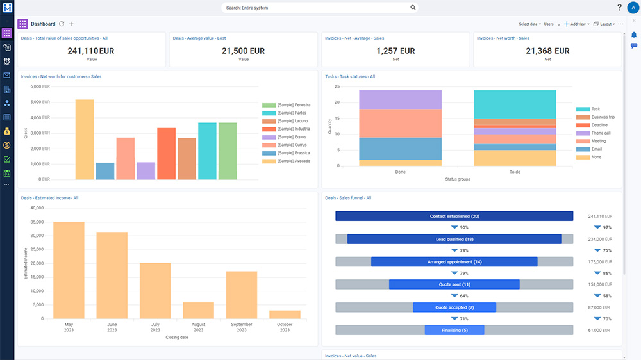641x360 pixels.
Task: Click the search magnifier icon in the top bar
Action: pos(413,8)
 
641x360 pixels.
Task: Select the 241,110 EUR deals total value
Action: pos(90,51)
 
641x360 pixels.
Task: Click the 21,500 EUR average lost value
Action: pos(243,51)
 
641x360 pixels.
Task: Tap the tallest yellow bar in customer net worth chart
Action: pos(85,139)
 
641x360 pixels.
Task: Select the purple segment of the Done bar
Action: pos(400,99)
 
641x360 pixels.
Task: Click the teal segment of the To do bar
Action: pos(515,104)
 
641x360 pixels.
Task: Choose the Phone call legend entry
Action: pos(600,133)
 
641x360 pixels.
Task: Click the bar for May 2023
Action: pos(69,270)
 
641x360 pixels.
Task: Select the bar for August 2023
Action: pos(198,310)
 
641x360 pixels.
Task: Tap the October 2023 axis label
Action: pos(285,327)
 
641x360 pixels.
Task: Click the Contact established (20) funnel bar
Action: pos(454,217)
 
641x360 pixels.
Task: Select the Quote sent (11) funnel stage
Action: pos(454,284)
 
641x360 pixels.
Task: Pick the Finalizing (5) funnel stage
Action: pos(454,330)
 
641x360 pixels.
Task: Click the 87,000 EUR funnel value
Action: pos(600,307)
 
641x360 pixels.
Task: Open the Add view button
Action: pos(577,24)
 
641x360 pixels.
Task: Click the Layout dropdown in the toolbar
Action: pos(604,24)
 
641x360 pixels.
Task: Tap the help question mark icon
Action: pos(619,8)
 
